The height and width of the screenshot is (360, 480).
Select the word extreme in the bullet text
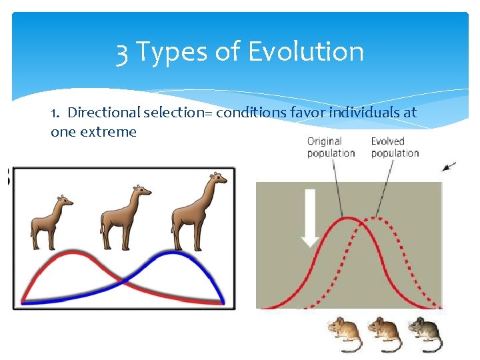click(108, 131)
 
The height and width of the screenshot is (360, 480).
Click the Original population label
click(331, 147)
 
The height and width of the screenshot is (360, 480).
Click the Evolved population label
click(395, 147)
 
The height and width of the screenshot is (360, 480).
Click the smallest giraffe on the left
click(50, 222)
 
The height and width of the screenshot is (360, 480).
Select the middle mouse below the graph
click(385, 333)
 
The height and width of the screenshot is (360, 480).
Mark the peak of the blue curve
click(175, 253)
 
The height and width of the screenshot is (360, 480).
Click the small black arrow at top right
click(450, 165)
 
